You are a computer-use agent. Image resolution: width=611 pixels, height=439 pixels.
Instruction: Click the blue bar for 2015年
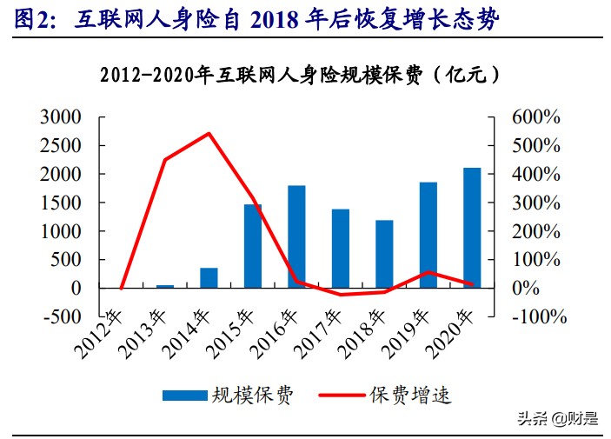coord(253,246)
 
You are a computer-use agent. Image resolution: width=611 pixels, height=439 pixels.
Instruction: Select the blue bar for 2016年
coord(296,236)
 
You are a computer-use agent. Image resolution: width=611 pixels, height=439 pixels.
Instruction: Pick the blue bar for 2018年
coord(384,254)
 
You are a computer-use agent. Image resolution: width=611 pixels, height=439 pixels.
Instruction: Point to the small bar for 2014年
coord(209,277)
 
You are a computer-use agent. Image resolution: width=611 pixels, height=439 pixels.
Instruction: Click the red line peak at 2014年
coord(209,133)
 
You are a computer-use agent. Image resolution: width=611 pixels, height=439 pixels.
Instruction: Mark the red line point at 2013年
coord(165,160)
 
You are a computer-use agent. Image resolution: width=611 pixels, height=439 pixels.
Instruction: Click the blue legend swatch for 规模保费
coord(184,396)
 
